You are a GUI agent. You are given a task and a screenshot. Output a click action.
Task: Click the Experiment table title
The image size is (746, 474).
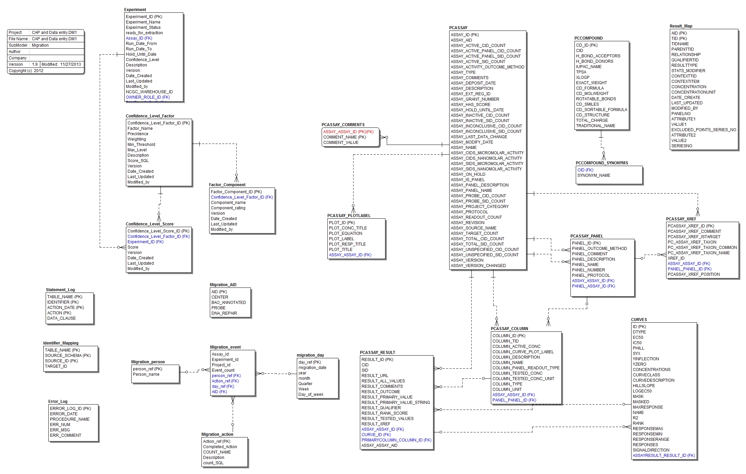[135, 10]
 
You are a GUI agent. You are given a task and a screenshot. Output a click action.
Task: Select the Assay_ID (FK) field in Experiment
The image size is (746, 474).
[139, 38]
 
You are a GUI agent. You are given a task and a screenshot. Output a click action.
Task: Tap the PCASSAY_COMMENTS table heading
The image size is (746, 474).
[343, 125]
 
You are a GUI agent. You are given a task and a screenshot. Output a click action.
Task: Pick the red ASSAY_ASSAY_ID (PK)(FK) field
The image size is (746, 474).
[348, 132]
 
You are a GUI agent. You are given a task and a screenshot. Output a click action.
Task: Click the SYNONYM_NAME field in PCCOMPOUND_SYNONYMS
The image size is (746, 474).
[594, 175]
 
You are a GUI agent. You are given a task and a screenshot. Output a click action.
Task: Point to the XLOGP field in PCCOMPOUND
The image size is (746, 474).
[582, 77]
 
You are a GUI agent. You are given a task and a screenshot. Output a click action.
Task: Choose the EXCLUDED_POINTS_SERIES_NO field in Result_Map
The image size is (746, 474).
[703, 130]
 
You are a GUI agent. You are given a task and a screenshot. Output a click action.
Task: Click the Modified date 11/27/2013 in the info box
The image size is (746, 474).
[71, 64]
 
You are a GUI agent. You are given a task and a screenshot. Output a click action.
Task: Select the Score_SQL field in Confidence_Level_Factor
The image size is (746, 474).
[138, 161]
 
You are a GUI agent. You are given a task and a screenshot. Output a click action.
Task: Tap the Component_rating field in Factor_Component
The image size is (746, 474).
[228, 208]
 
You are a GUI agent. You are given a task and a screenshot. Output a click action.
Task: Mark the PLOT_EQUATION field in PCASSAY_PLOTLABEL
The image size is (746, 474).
[345, 233]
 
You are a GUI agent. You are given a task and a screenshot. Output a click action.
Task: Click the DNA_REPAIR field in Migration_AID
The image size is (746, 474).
[224, 313]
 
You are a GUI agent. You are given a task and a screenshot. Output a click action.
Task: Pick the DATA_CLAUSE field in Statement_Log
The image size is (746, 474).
[61, 318]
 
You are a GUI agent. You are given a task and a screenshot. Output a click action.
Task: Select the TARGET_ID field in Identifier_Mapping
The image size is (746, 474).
[56, 366]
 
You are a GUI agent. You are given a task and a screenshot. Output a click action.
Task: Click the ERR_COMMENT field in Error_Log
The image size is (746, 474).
[65, 435]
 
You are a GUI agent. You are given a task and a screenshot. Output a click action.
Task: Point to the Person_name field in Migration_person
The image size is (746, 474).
[146, 374]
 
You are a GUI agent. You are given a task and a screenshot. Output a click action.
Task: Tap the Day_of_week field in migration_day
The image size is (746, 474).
[311, 394]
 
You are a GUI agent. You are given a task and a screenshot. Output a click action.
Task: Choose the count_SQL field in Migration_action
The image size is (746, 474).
[213, 463]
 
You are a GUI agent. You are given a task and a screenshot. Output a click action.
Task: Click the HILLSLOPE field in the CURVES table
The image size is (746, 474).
[644, 386]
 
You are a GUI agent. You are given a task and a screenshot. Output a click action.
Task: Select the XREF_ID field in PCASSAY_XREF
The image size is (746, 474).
[676, 258]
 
